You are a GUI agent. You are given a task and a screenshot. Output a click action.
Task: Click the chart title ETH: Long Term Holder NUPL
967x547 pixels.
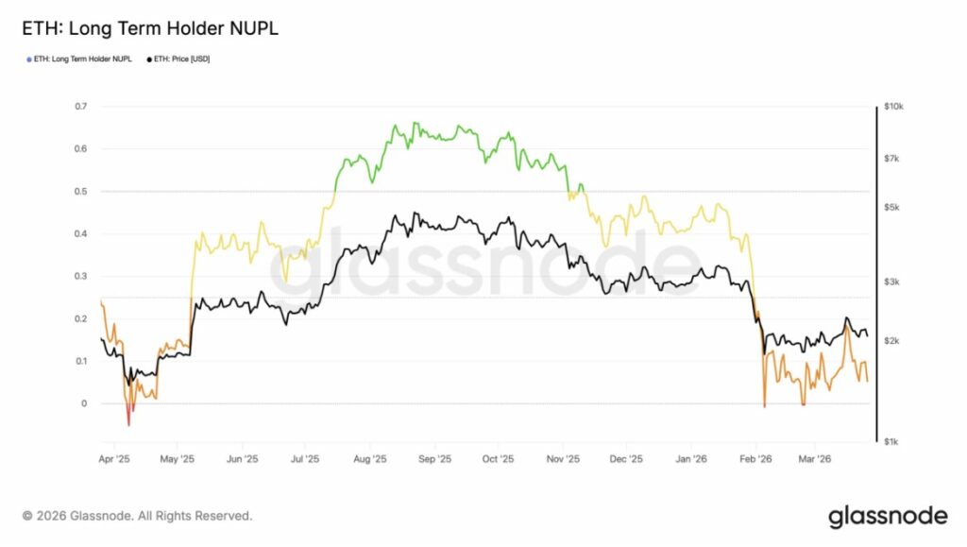(x=150, y=28)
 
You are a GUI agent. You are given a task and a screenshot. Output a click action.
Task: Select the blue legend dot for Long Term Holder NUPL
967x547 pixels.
(x=29, y=60)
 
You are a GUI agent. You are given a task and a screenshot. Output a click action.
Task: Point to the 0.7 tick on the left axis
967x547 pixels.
(x=81, y=107)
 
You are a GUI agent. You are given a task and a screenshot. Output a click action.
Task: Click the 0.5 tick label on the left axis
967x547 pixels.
(x=81, y=192)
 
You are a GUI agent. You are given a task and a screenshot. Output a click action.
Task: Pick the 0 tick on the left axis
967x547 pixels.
(x=85, y=404)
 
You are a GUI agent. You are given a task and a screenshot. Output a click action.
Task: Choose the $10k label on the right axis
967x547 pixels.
(x=892, y=107)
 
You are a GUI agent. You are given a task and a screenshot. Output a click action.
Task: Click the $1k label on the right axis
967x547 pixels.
(x=891, y=441)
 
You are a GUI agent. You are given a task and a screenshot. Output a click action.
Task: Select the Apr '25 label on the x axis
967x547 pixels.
(x=113, y=460)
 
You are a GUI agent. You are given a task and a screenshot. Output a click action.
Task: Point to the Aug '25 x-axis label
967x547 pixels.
(x=370, y=460)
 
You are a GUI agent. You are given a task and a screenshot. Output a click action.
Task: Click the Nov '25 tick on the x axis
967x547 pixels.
(x=563, y=460)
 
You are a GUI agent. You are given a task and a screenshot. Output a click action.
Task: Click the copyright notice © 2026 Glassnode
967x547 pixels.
(x=137, y=516)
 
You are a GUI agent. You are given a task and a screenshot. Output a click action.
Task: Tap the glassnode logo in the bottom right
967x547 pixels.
(x=887, y=516)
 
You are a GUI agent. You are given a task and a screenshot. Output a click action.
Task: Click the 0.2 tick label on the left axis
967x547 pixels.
(x=81, y=319)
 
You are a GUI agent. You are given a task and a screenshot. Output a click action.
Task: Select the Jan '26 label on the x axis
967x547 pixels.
(x=692, y=460)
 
